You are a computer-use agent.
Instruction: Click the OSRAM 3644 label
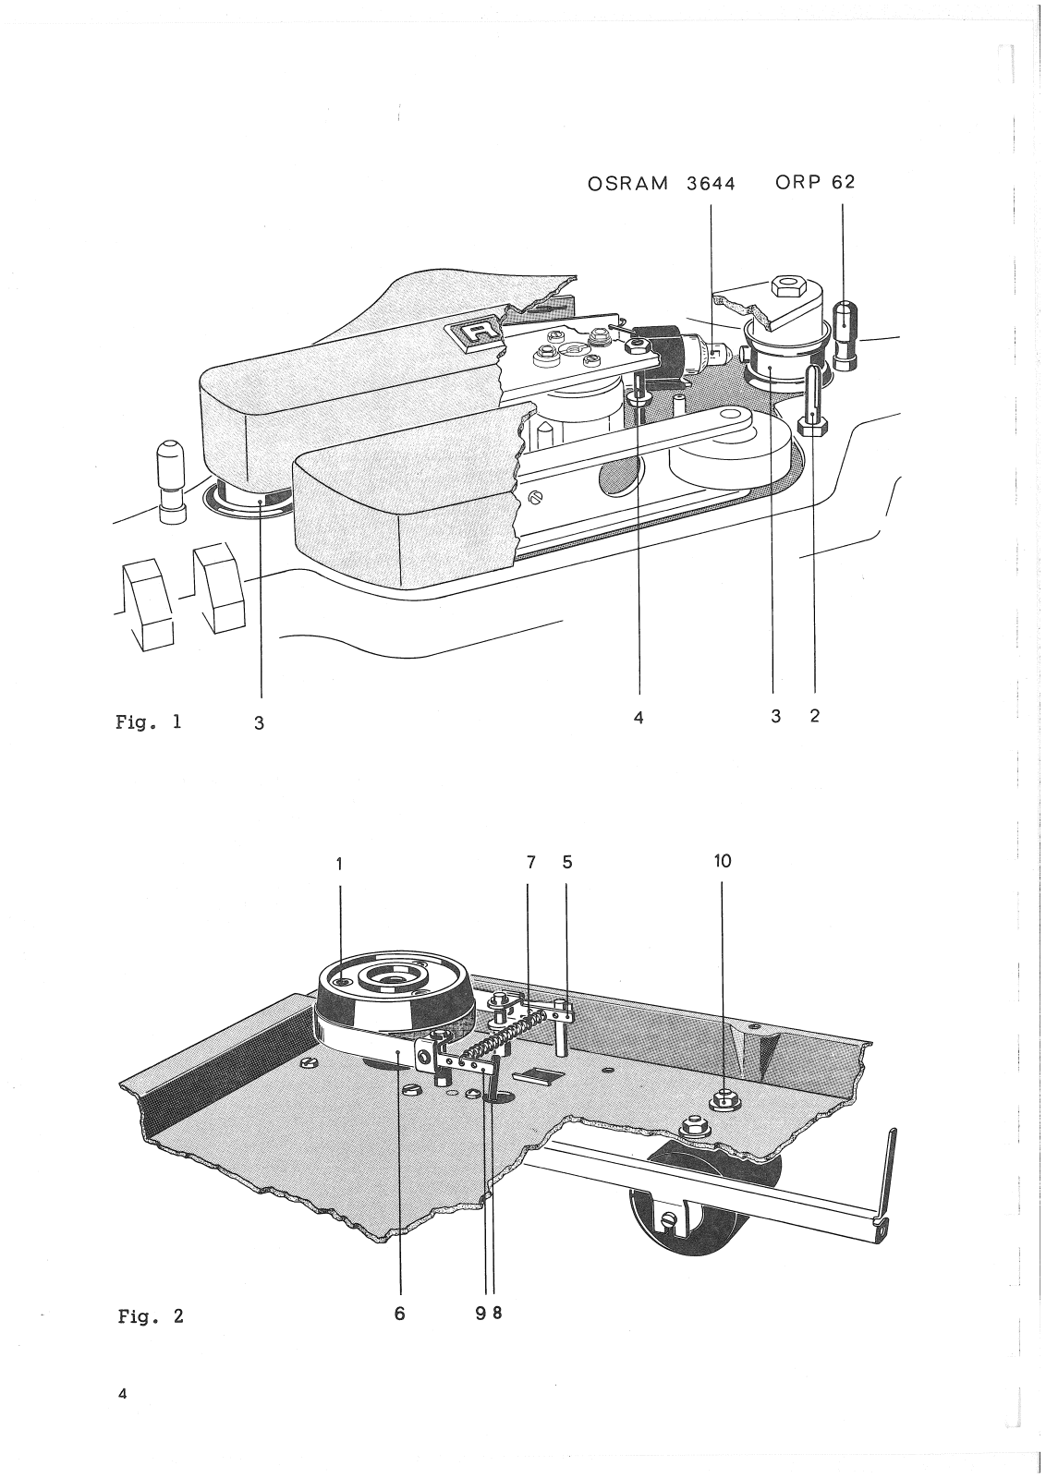662,183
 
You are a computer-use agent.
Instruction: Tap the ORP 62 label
815,182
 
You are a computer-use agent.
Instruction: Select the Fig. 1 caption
149,721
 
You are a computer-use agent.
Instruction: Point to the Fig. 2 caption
151,1315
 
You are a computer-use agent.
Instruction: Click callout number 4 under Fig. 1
639,717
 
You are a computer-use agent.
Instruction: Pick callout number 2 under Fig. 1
814,715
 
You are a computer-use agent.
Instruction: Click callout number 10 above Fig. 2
723,861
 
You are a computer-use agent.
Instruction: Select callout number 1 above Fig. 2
339,864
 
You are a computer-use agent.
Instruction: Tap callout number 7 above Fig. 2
530,863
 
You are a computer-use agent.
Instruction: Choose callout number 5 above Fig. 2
567,862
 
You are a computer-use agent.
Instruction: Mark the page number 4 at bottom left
123,1394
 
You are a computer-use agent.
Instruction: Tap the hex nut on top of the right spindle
788,285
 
